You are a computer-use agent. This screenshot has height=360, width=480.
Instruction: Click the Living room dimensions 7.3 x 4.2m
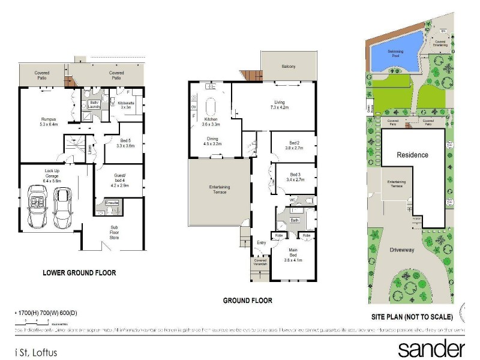pos(280,107)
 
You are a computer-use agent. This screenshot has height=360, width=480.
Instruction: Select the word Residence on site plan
pos(413,155)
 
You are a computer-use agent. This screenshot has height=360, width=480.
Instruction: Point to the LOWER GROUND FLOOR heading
pos(79,273)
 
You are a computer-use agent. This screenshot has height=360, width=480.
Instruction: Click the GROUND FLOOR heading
pos(248,301)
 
